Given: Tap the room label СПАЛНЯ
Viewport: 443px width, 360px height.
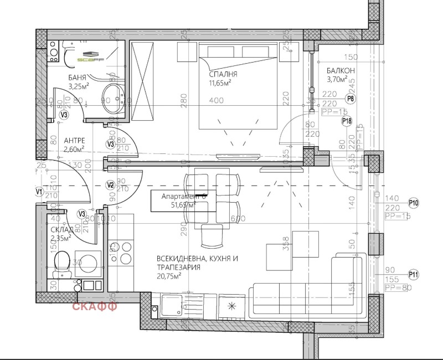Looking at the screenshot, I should tap(223, 74).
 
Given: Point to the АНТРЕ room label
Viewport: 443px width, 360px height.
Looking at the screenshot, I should tap(74, 140).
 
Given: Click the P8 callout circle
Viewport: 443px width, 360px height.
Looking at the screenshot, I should tap(349, 99).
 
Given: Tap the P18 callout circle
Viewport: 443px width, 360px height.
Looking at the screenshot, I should tap(347, 121).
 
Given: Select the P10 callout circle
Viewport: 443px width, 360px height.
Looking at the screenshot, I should tap(414, 203).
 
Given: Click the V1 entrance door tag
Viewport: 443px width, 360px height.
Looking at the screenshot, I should tap(39, 192).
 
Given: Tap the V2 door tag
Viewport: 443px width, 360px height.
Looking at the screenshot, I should tap(110, 184).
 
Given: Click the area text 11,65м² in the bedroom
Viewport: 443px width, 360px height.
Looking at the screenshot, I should tap(220, 84).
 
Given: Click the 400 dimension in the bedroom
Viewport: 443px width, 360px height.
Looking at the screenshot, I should tap(216, 101).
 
